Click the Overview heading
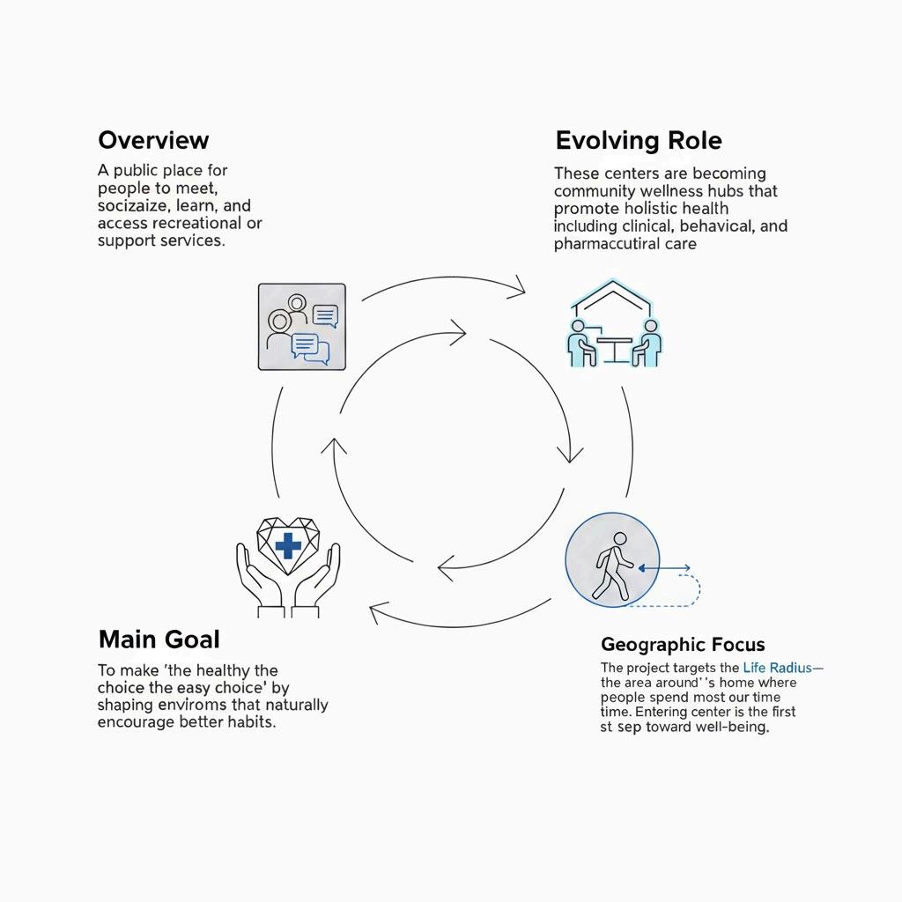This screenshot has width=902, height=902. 153,140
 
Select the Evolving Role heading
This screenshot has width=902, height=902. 639,141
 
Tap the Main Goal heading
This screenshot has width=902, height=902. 159,639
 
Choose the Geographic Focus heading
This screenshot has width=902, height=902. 683,645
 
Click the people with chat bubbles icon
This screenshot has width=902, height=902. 301,327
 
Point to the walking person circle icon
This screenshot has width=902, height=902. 611,561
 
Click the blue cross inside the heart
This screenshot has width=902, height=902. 287,546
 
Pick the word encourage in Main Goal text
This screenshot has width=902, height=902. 138,722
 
